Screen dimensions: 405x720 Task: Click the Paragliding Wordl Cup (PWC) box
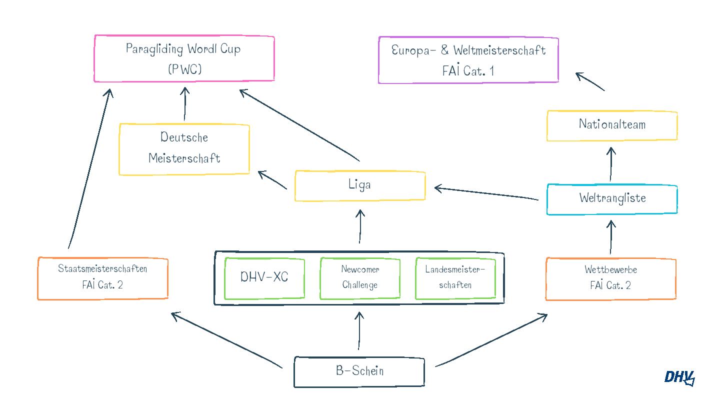tap(184, 58)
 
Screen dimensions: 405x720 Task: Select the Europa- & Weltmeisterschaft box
tap(468, 60)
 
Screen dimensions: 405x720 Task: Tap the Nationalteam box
tap(612, 125)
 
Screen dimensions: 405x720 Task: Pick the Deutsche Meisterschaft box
tap(184, 149)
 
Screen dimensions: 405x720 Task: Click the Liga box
tap(360, 185)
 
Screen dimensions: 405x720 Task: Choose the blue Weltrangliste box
tap(612, 199)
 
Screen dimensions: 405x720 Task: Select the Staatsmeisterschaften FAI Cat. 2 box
tap(102, 278)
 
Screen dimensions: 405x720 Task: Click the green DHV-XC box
tap(264, 278)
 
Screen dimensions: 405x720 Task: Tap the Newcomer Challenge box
tap(360, 278)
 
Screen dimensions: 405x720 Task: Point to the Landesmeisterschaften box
tap(455, 278)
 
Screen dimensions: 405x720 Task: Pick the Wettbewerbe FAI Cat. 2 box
tap(610, 278)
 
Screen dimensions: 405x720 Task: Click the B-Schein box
tap(359, 372)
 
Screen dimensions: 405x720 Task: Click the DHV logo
tap(679, 377)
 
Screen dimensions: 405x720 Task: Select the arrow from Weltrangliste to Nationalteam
tap(611, 164)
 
